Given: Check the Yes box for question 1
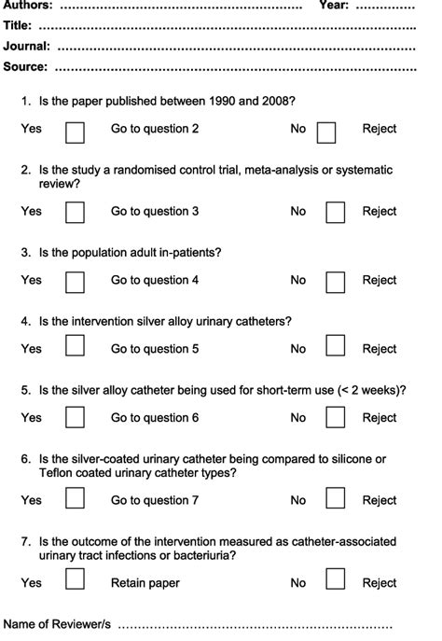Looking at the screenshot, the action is (75, 132).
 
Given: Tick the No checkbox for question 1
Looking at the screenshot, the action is (326, 132).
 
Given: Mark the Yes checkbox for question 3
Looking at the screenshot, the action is (75, 280).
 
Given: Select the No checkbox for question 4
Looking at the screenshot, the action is (336, 348).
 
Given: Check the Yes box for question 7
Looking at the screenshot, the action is (75, 581).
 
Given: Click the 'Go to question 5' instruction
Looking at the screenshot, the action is (155, 349).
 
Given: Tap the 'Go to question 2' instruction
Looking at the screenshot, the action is (155, 129).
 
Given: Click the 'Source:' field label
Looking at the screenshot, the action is (25, 66).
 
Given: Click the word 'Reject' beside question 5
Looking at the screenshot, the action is (380, 418).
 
